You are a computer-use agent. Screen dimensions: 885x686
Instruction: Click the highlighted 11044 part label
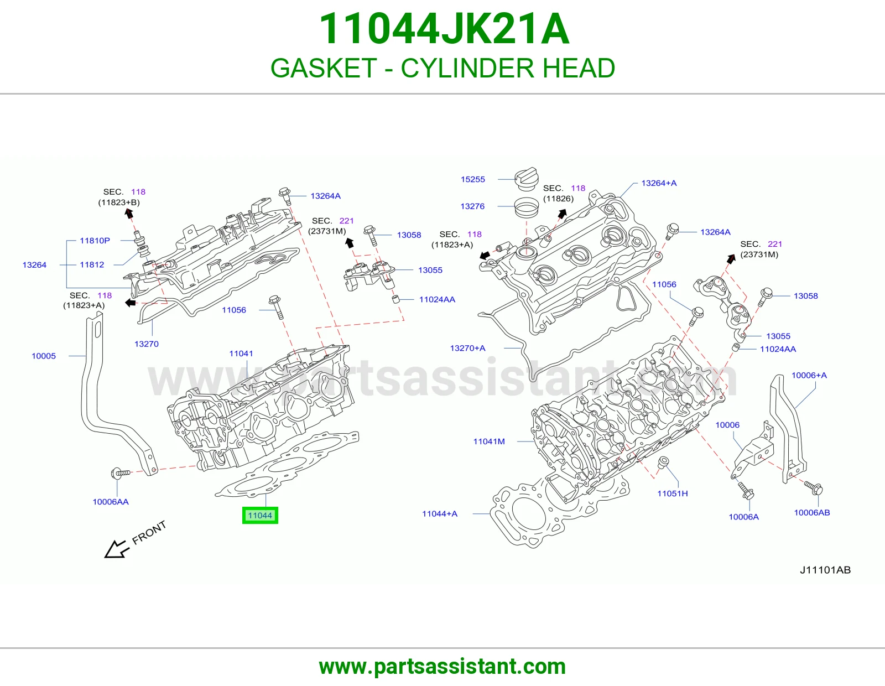tap(260, 515)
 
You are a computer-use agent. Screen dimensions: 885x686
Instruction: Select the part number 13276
tap(472, 206)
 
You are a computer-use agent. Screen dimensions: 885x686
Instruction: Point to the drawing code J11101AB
tap(825, 570)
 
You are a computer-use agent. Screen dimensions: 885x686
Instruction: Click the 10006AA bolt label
tap(111, 502)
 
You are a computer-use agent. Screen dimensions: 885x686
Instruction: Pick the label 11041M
tap(489, 441)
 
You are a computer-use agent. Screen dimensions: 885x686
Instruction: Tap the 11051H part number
tap(673, 493)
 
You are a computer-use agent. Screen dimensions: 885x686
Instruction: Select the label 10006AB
tap(811, 512)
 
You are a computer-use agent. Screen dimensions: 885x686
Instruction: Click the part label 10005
tap(44, 356)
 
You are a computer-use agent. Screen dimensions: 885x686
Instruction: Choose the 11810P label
tap(95, 241)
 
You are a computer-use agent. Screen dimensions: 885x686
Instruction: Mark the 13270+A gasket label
tap(467, 349)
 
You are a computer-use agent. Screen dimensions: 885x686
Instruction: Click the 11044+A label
tap(439, 514)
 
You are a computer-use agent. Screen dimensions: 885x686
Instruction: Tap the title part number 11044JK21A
tap(444, 29)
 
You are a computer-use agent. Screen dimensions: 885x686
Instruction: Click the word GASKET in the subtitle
tap(324, 68)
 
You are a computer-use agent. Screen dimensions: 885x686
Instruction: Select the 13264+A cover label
tap(659, 183)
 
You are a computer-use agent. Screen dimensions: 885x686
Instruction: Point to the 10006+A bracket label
tap(809, 375)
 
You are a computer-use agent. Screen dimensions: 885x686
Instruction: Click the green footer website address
tap(442, 667)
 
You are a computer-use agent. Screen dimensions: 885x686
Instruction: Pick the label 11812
tap(92, 265)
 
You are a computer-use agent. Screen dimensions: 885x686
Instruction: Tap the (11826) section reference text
tap(558, 199)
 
